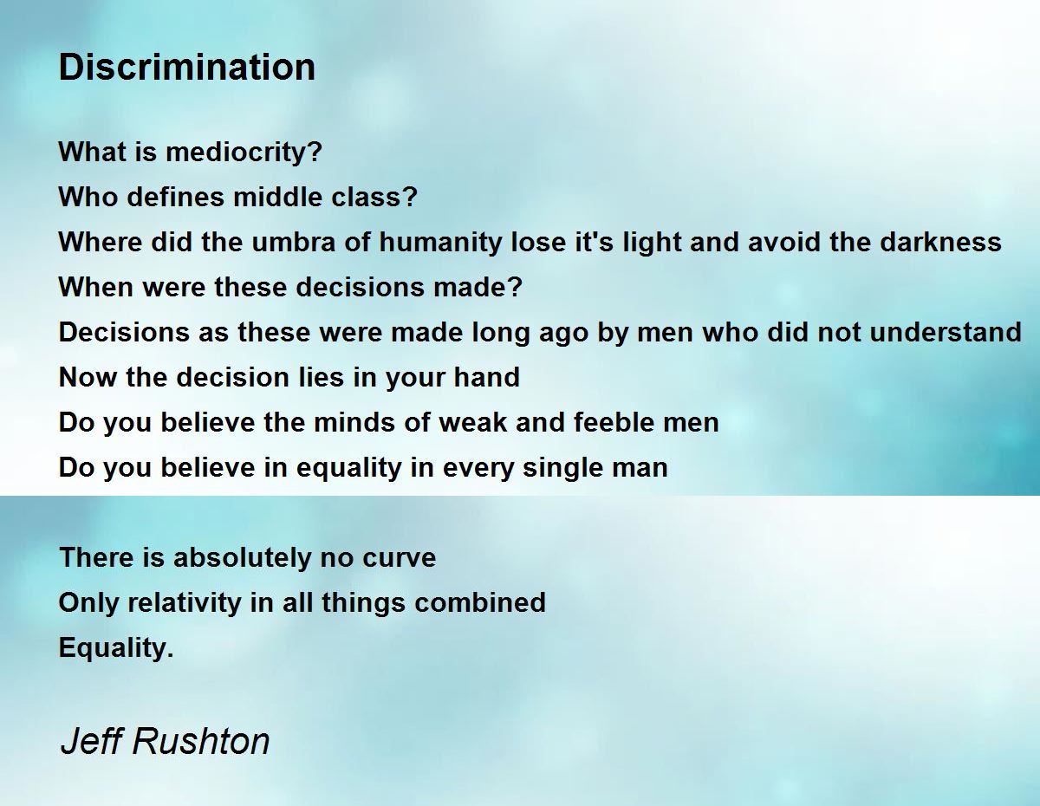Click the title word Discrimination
(x=186, y=67)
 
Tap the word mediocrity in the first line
(x=244, y=153)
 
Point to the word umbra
(x=293, y=242)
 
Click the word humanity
(x=440, y=243)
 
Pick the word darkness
(x=940, y=242)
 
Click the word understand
(x=946, y=332)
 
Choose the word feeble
(x=614, y=422)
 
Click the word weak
(x=473, y=422)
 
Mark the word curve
(x=400, y=558)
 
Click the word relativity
(x=185, y=603)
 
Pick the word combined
(x=480, y=602)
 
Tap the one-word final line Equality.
(x=116, y=649)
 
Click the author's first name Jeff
(x=94, y=740)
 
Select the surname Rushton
(x=201, y=741)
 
